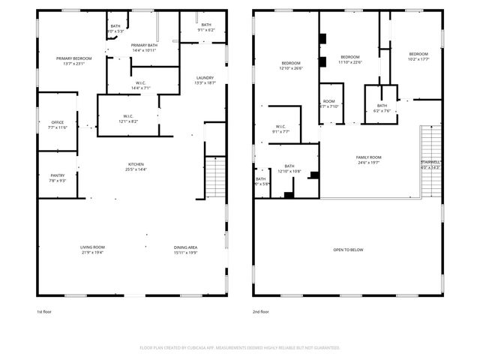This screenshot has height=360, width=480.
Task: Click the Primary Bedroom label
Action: (74, 58)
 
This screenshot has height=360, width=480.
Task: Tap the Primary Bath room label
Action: (144, 46)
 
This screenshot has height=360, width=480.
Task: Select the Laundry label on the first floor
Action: (205, 78)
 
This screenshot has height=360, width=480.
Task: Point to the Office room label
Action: (58, 122)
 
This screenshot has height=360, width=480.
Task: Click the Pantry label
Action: (58, 175)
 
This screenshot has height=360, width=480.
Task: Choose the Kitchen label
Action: (136, 164)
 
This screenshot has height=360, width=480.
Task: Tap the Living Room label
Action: (92, 247)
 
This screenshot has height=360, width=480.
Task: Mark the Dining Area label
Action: (185, 247)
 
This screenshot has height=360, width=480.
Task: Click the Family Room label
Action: (368, 157)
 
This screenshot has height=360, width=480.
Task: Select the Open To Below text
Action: (348, 250)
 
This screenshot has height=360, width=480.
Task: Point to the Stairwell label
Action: (430, 163)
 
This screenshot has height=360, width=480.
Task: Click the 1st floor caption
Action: (44, 311)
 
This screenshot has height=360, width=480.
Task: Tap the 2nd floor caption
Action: (261, 311)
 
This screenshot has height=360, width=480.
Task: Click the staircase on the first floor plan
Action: (215, 178)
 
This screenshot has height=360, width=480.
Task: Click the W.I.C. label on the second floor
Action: (280, 126)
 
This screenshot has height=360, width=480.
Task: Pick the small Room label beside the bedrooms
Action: (329, 101)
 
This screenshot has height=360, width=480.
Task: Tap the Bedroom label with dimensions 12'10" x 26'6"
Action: (291, 63)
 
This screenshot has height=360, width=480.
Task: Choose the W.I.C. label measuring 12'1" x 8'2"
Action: (128, 116)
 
